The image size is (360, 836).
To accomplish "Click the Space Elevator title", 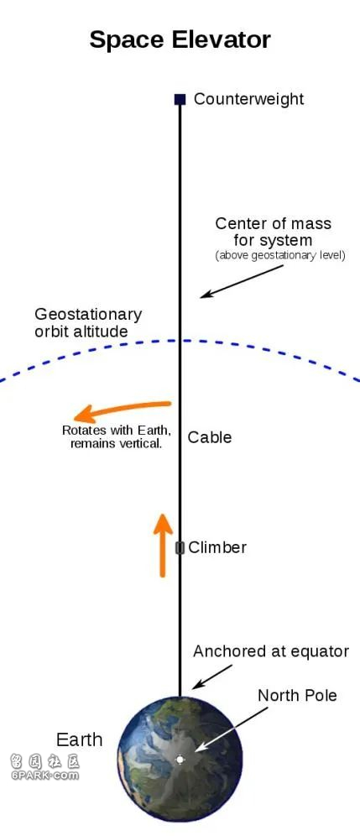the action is pos(180,39).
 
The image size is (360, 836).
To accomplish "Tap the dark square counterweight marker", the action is pos(180,99).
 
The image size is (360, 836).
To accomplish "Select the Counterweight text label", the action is pos(248,99).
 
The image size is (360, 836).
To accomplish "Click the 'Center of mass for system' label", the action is pos(273,231).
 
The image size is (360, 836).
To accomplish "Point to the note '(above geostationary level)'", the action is pos(280,255).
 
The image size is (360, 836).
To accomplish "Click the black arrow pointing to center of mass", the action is pos(242,281).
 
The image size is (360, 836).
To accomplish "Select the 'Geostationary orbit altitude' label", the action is pos(88,322).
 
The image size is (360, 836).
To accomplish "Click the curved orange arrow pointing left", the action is pos(123,410).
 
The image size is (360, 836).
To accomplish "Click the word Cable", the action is pos(210,437).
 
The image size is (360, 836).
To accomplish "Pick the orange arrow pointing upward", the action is pos(163,545).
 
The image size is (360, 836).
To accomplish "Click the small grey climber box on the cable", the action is pos(180,547).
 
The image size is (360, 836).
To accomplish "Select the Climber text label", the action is pos(217,547).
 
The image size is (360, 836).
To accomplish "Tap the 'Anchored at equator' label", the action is pos(271,651).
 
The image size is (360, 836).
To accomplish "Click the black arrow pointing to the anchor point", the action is pos(212,676).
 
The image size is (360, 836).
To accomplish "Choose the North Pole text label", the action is pos(297,695).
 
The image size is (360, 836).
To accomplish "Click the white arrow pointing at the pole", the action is pos(232,730).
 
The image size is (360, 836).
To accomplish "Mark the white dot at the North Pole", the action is pos(180,759).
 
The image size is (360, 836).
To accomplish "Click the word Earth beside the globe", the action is pos(80,739).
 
